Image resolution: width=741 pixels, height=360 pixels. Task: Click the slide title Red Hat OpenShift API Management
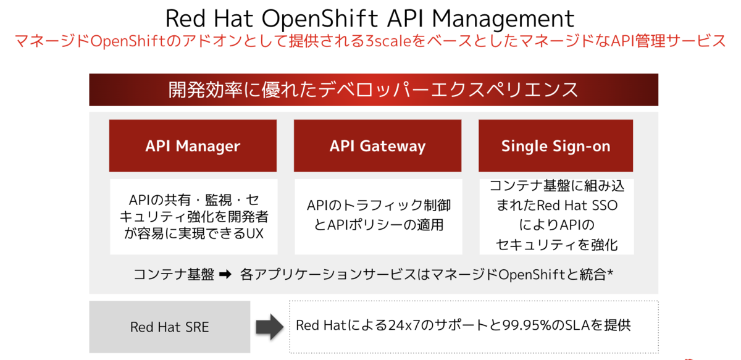pos(371,18)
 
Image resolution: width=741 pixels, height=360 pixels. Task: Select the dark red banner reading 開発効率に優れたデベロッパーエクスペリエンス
pos(373,90)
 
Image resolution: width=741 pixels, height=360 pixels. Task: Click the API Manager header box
pos(193,146)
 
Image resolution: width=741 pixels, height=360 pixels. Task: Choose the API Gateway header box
pos(377,146)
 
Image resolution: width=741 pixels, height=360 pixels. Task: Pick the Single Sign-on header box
pos(556,146)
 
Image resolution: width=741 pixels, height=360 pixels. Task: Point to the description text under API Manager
pos(193,217)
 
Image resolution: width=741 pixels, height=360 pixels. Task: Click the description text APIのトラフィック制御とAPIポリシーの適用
pos(377,214)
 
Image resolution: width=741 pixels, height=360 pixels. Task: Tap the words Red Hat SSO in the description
pos(577,205)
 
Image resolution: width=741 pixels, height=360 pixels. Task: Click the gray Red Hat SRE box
pos(169,327)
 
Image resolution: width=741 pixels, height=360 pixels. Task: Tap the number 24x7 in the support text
pos(404,325)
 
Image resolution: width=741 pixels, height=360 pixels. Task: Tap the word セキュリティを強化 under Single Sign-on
pos(556,244)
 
